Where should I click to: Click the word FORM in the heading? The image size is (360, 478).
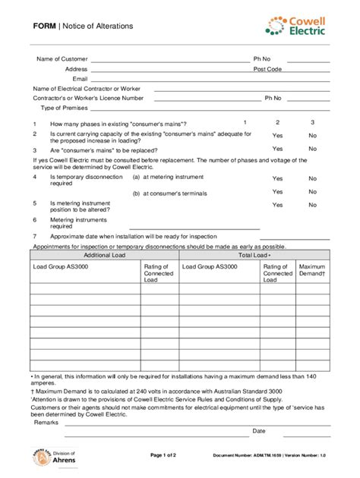click(45, 26)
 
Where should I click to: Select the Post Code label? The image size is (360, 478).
click(267, 69)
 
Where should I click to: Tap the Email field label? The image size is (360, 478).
click(80, 79)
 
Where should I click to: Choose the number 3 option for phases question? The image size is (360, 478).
click(312, 122)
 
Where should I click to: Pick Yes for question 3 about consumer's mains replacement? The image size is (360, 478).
click(277, 149)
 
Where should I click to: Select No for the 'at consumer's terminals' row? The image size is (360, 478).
click(312, 192)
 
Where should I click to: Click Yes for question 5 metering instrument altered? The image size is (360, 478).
click(277, 205)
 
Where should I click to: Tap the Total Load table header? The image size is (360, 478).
click(254, 255)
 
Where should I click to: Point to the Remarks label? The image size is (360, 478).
click(46, 423)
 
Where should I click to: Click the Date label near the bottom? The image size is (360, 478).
click(259, 431)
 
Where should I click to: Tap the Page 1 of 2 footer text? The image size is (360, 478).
click(163, 455)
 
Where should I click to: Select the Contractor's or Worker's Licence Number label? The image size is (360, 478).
click(88, 98)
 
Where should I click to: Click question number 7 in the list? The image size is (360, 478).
click(34, 236)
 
